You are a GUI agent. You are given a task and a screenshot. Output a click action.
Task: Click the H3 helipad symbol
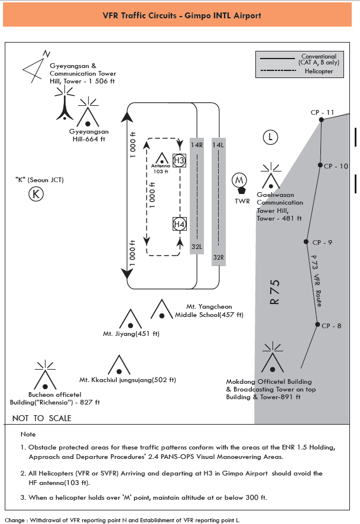tap(179, 160)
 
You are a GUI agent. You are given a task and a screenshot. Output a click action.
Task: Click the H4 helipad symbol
tap(179, 224)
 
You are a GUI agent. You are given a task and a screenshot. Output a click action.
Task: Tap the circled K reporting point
tap(37, 193)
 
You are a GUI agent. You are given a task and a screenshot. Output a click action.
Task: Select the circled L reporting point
tap(270, 138)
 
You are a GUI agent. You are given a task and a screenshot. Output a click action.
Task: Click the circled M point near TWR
tap(239, 180)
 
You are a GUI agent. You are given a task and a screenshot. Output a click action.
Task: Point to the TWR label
tap(242, 201)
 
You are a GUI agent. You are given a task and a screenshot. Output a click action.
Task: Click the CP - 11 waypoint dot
tap(322, 119)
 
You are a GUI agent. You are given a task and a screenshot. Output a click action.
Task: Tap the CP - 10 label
tap(336, 166)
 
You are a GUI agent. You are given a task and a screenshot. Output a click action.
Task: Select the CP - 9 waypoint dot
tap(306, 241)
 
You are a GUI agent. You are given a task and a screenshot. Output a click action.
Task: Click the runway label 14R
tap(197, 145)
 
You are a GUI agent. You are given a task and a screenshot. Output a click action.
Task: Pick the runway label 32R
tap(218, 257)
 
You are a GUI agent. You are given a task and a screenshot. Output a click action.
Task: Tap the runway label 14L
tap(218, 145)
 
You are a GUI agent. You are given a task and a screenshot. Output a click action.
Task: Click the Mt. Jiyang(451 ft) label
tap(131, 334)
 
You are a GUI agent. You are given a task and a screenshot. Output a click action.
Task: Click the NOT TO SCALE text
tap(41, 418)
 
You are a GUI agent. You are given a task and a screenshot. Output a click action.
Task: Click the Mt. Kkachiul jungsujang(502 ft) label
tap(128, 380)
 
